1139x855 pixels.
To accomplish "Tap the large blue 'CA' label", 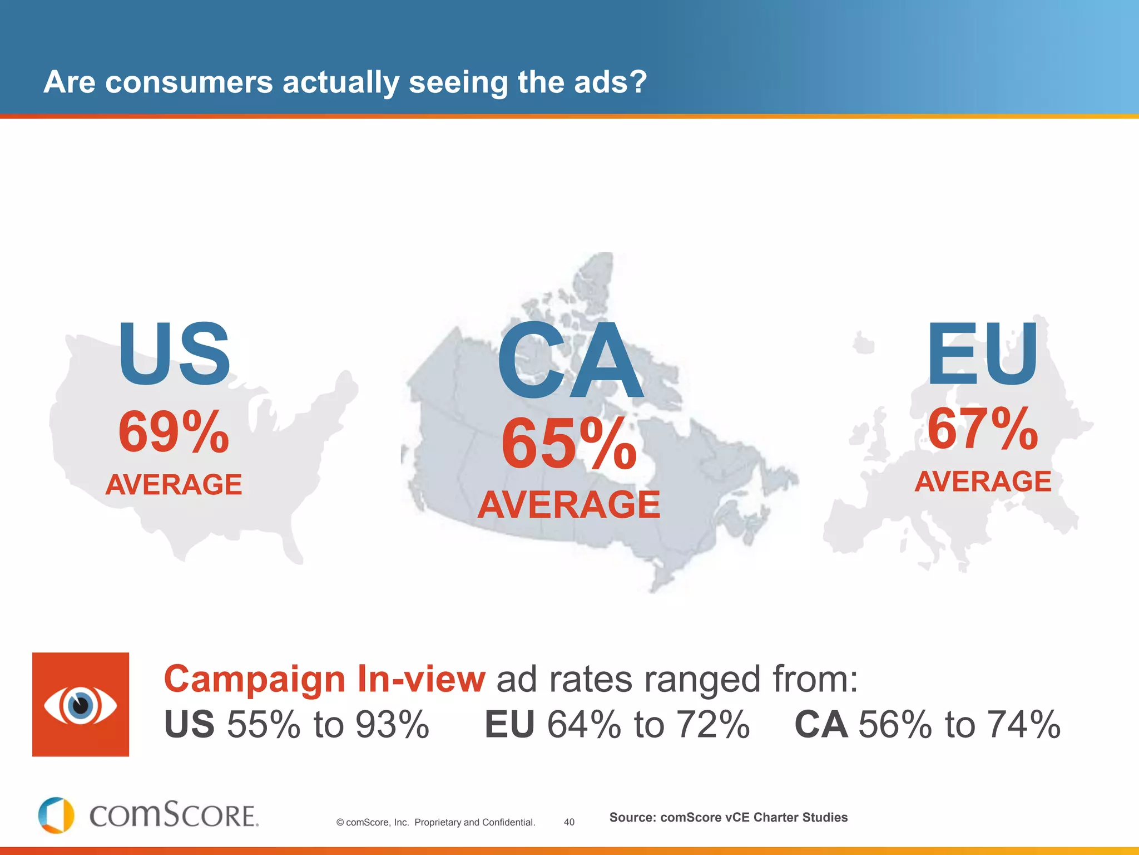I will tap(569, 362).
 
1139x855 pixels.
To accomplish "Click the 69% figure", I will tap(174, 432).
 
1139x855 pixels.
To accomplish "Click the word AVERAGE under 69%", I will tap(174, 484).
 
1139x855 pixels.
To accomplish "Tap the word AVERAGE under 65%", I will tap(569, 505).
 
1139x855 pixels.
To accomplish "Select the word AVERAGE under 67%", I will tap(983, 481).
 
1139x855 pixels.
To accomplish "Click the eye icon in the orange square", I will tap(81, 705).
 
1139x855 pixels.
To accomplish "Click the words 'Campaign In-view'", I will tap(325, 679).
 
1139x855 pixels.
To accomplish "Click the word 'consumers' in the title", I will tap(189, 82).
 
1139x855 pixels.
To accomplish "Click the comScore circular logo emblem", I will tap(56, 815).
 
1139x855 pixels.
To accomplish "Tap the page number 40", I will tap(569, 822).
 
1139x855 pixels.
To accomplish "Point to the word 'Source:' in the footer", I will tap(632, 817).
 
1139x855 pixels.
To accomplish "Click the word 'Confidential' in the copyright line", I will tap(508, 822).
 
